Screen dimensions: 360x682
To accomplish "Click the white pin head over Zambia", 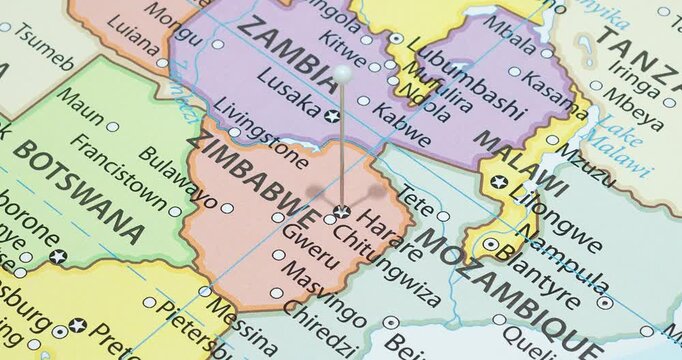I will coord(343,73).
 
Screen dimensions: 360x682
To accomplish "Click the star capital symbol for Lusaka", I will coord(333,117).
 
